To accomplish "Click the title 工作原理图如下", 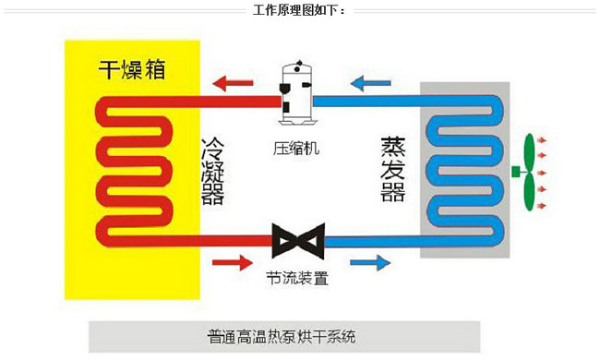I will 299,11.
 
